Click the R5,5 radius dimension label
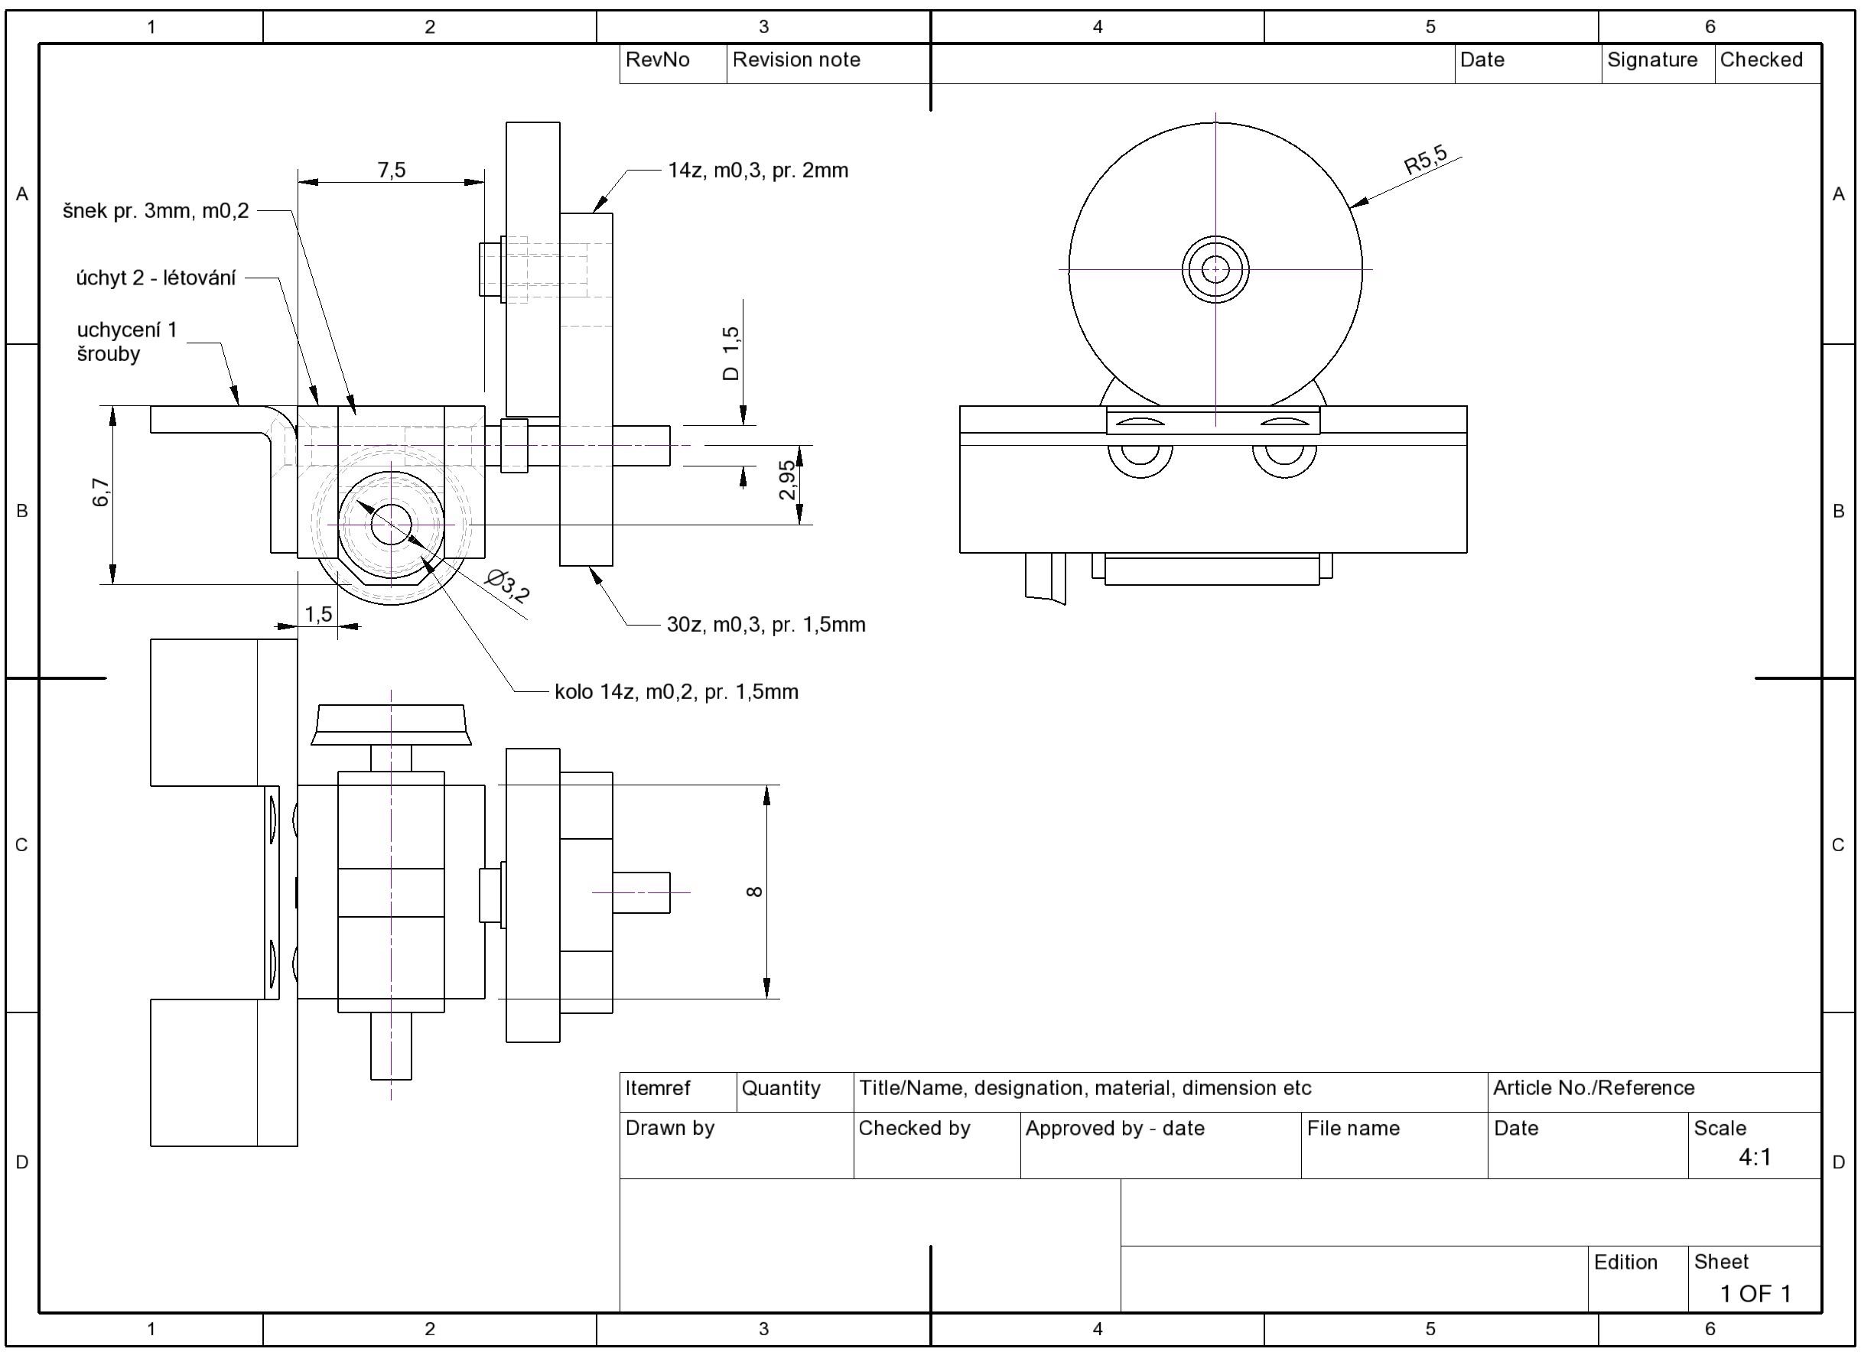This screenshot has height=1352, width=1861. pyautogui.click(x=1426, y=159)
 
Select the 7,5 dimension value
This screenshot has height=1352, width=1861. pyautogui.click(x=392, y=170)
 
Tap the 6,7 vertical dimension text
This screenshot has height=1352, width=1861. pyautogui.click(x=101, y=492)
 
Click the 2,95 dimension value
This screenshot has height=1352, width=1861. pyautogui.click(x=787, y=480)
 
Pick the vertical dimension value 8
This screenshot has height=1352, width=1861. pyautogui.click(x=755, y=892)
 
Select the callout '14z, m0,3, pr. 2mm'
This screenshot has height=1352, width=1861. pyautogui.click(x=758, y=171)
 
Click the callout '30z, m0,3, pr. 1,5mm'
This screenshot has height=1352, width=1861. pyautogui.click(x=766, y=624)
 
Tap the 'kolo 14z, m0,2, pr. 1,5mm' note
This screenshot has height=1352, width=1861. pyautogui.click(x=676, y=691)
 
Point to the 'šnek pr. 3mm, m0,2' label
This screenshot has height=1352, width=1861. pyautogui.click(x=156, y=211)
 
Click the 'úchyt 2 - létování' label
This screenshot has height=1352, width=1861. pyautogui.click(x=156, y=278)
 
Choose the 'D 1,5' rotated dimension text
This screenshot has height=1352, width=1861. pyautogui.click(x=731, y=353)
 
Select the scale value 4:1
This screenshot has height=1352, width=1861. pyautogui.click(x=1755, y=1157)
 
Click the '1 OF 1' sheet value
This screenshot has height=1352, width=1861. pyautogui.click(x=1755, y=1294)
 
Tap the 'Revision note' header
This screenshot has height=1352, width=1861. pyautogui.click(x=796, y=60)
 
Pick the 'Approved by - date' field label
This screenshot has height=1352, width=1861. pyautogui.click(x=1114, y=1128)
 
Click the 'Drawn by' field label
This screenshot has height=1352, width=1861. pyautogui.click(x=669, y=1128)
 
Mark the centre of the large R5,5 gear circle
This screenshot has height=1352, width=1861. pyautogui.click(x=1215, y=269)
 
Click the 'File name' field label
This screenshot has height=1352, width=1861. pyautogui.click(x=1353, y=1128)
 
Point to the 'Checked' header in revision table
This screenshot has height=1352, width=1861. pyautogui.click(x=1761, y=60)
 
